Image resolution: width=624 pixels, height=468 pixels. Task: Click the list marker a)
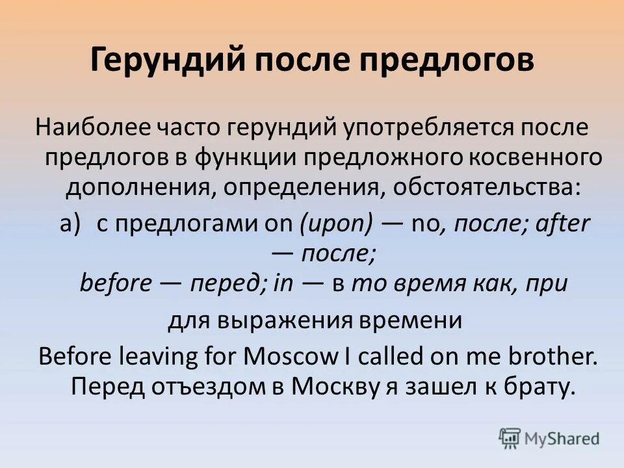(70, 224)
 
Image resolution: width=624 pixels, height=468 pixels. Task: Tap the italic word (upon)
(336, 224)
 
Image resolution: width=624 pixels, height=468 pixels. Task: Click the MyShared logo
(550, 437)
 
